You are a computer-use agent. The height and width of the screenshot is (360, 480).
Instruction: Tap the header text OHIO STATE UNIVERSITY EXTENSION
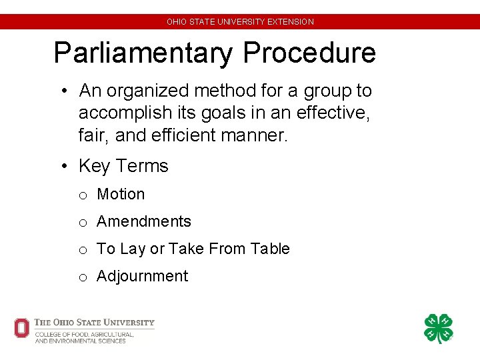240,21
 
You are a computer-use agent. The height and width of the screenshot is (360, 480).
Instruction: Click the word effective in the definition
332,113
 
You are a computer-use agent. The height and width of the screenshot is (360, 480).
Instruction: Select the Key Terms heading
123,165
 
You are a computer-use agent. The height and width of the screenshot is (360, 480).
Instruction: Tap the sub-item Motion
121,194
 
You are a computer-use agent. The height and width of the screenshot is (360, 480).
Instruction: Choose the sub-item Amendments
144,221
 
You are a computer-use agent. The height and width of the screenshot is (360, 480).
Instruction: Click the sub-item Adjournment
143,276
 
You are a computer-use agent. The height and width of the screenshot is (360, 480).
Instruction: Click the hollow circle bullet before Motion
83,195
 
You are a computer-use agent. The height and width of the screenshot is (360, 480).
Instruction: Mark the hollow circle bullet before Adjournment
83,277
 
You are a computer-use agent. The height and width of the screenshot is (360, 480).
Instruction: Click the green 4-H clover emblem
439,329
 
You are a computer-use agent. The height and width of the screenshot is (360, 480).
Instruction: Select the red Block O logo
21,328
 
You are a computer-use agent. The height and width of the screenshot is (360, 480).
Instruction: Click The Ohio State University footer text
94,323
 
